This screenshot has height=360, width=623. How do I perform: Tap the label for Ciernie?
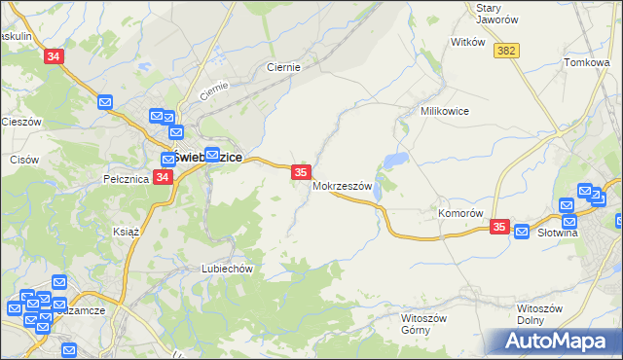[x=283, y=68]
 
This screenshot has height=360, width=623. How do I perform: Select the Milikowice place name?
[x=445, y=111]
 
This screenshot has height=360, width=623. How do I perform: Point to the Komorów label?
[x=460, y=213]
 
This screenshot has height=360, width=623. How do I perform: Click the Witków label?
[x=467, y=43]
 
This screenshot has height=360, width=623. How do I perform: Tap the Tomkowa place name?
[x=586, y=62]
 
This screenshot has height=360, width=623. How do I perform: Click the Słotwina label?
[x=559, y=234]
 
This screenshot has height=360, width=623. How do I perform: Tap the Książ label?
[x=127, y=233]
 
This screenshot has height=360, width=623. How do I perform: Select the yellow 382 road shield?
[x=505, y=51]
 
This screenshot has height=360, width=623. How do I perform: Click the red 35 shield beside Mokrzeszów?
[x=301, y=172]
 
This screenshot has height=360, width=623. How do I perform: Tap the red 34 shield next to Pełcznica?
[x=163, y=177]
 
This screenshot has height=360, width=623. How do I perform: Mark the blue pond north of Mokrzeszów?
[x=395, y=160]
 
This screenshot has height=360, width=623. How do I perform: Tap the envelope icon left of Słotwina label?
[x=522, y=232]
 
